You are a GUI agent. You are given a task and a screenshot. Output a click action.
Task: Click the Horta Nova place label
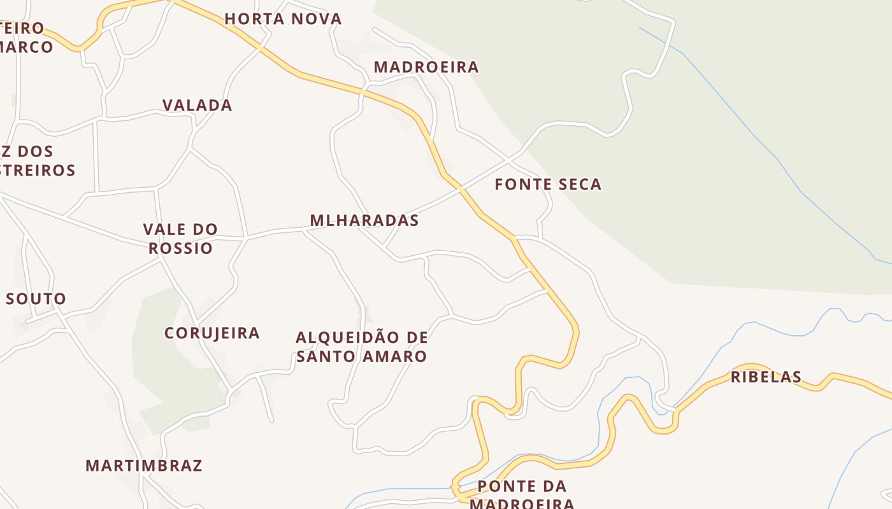click(x=283, y=19)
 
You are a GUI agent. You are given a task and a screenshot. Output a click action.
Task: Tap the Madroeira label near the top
click(x=426, y=67)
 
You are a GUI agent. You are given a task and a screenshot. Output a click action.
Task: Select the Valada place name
click(x=197, y=106)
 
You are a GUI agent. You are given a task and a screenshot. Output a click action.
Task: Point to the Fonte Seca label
click(x=548, y=185)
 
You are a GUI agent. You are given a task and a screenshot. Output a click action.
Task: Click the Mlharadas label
click(x=364, y=221)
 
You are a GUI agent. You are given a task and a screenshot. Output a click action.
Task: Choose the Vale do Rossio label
click(x=180, y=239)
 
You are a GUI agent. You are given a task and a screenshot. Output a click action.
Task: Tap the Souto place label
click(x=36, y=299)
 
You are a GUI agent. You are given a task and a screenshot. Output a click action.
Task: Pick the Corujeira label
click(x=212, y=333)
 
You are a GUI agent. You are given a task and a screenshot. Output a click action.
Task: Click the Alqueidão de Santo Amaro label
click(x=362, y=347)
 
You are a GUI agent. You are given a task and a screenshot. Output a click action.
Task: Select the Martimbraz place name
click(x=144, y=466)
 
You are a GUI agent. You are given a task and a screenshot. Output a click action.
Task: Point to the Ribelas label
click(x=766, y=377)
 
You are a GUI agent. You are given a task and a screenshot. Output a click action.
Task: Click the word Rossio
click(x=180, y=248)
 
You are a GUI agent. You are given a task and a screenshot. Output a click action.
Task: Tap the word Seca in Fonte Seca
click(x=577, y=185)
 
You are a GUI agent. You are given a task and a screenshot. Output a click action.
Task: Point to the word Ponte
click(x=503, y=487)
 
